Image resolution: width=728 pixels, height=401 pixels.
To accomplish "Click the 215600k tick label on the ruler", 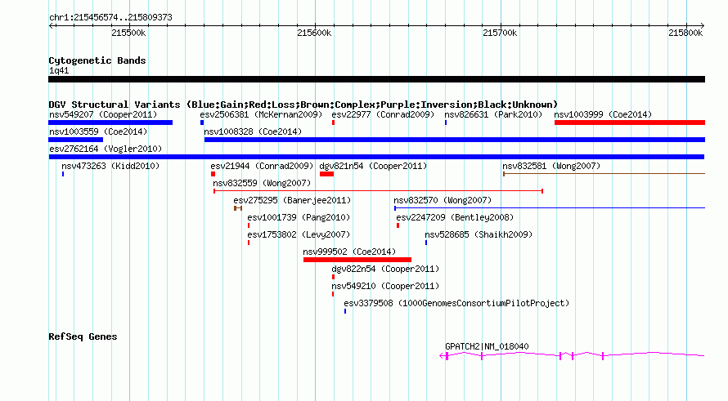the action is (314, 33).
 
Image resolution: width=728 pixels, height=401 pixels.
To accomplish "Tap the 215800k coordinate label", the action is (685, 33).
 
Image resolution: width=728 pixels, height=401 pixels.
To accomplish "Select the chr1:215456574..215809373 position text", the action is (110, 17).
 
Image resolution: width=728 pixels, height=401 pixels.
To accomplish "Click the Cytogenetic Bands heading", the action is (97, 60).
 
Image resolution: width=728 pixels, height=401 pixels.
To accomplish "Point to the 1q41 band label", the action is (59, 70).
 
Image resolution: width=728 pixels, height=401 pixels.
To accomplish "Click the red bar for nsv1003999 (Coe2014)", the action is (630, 123).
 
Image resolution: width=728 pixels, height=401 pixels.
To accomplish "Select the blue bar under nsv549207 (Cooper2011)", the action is (110, 123).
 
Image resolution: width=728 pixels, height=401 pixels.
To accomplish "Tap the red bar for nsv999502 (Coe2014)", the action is (357, 260).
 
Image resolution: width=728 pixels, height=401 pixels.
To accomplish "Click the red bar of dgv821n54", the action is (326, 174).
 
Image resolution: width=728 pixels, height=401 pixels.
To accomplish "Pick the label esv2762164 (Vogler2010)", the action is (106, 149).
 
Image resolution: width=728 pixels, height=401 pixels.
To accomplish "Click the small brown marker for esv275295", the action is (238, 208).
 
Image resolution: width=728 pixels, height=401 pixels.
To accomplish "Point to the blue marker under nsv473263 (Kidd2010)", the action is (63, 174).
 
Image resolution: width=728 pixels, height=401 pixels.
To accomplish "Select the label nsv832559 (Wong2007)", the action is (262, 183).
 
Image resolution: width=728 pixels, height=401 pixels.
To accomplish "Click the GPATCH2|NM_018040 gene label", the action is (487, 346).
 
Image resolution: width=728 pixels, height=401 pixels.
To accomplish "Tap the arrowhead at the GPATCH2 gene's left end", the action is (442, 356).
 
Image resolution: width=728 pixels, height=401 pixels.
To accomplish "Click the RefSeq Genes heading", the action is (83, 336).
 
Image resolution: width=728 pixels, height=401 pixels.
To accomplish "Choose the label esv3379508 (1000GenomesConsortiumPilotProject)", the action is (456, 303).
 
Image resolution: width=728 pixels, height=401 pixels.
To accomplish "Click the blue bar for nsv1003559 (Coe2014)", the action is (76, 140).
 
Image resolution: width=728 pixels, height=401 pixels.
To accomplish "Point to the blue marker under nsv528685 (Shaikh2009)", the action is (425, 243).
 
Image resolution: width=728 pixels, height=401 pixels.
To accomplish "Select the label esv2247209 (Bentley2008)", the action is (455, 217).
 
